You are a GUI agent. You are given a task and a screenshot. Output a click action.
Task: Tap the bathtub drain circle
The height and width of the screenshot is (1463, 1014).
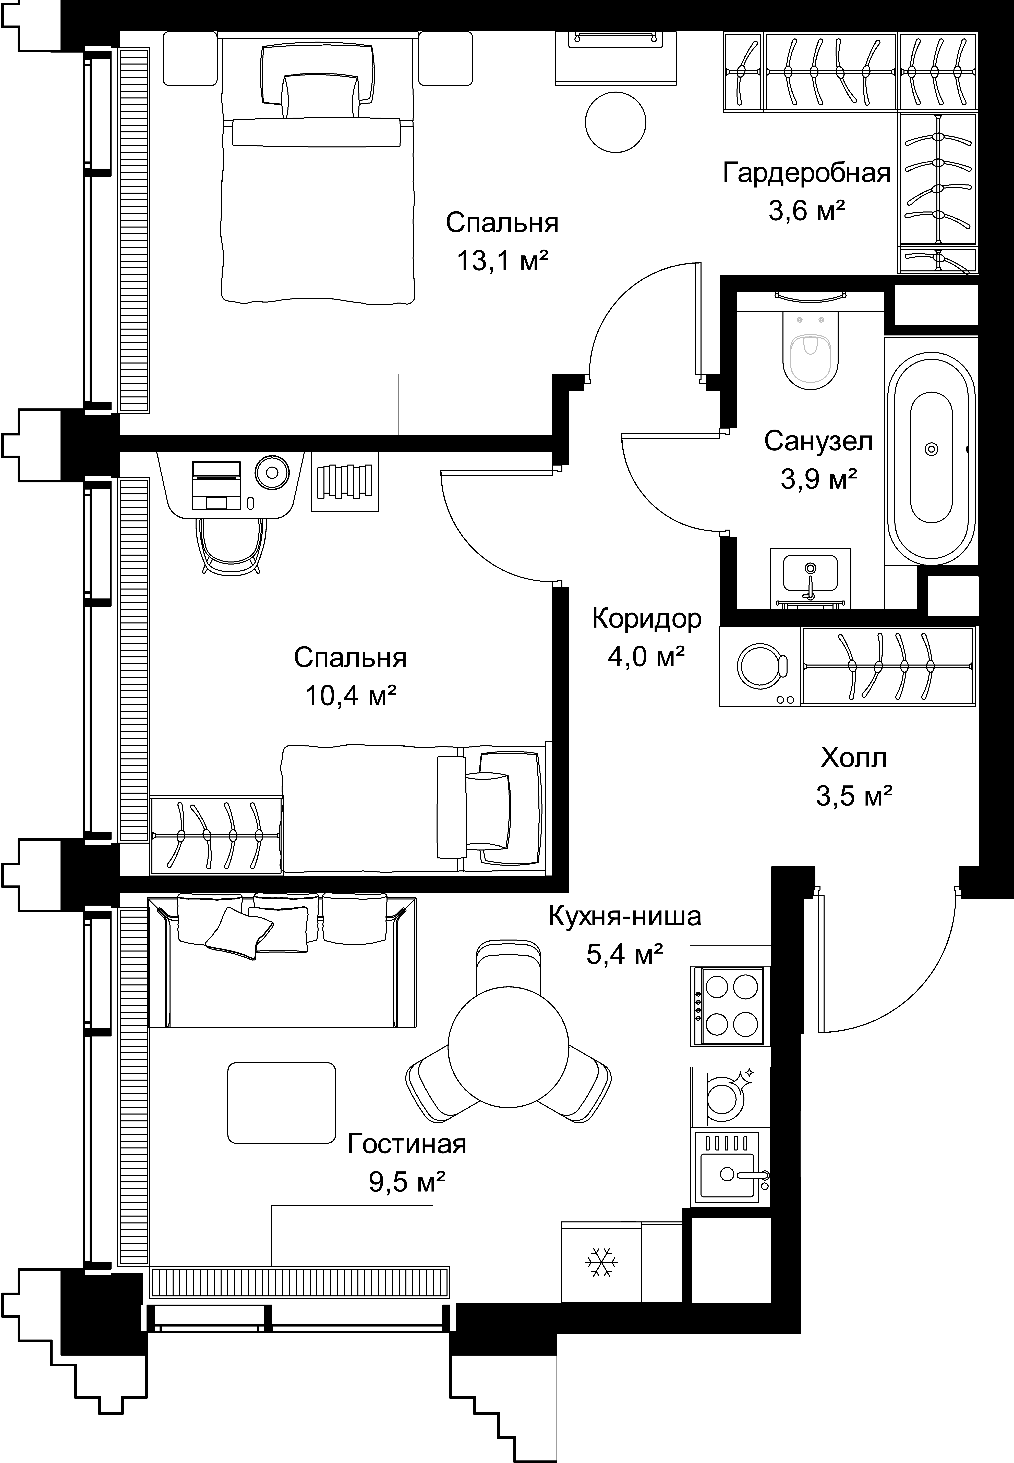(931, 449)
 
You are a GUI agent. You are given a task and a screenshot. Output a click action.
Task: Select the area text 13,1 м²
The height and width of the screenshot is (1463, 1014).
(502, 260)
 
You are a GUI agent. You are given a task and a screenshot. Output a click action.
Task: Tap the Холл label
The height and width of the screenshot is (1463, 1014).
(853, 758)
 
